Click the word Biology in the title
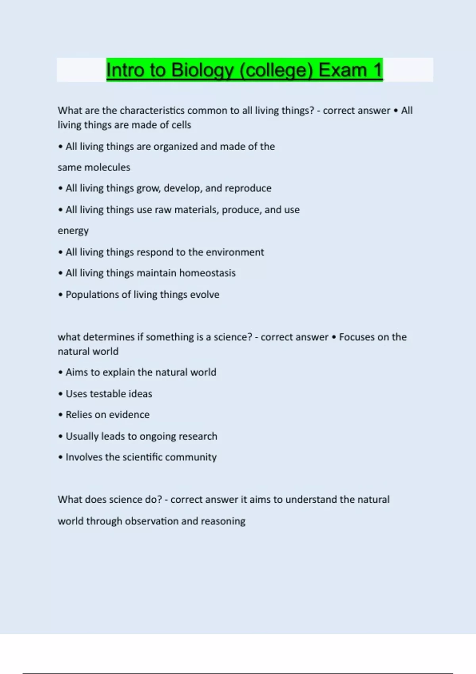[202, 70]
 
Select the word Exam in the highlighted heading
[342, 70]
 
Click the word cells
[181, 125]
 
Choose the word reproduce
[249, 188]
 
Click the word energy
[73, 231]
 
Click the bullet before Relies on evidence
[60, 415]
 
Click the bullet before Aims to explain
[60, 372]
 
